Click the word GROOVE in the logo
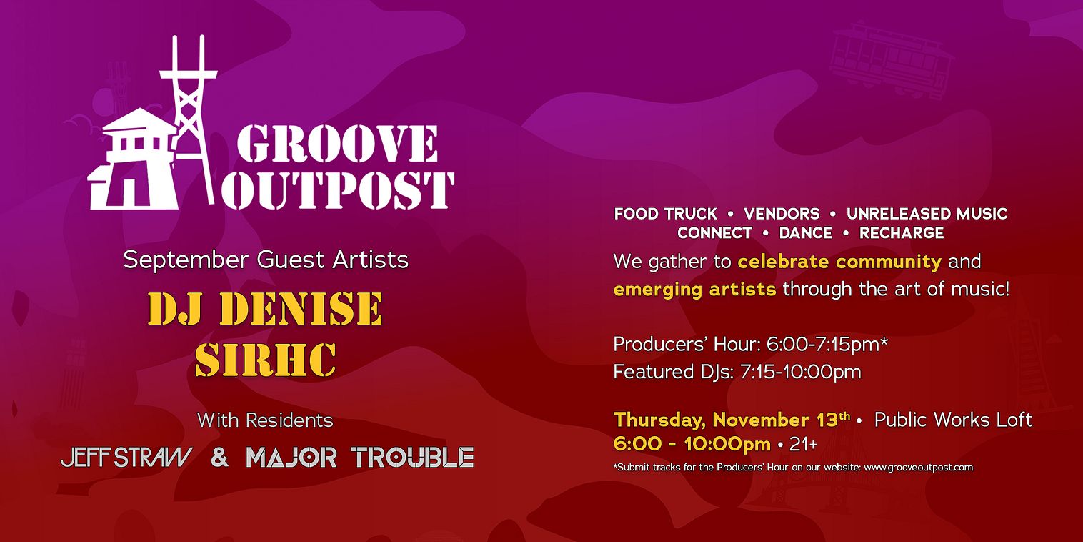click(x=337, y=144)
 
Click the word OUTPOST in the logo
click(x=337, y=190)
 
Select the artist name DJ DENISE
click(x=265, y=308)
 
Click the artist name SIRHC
click(x=266, y=360)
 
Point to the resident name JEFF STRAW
click(x=126, y=458)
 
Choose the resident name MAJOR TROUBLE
click(x=360, y=458)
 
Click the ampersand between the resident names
click(x=219, y=458)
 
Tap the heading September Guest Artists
click(x=266, y=260)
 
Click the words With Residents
click(x=265, y=420)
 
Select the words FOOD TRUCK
click(x=665, y=214)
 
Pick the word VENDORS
click(x=782, y=214)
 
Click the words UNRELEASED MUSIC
click(x=927, y=214)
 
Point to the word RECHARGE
click(x=902, y=233)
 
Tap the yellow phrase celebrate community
click(x=840, y=262)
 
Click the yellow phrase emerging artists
click(x=695, y=290)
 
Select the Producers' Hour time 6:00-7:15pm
click(x=827, y=344)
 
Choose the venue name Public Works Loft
click(x=954, y=420)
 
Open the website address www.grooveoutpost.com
click(x=918, y=468)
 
